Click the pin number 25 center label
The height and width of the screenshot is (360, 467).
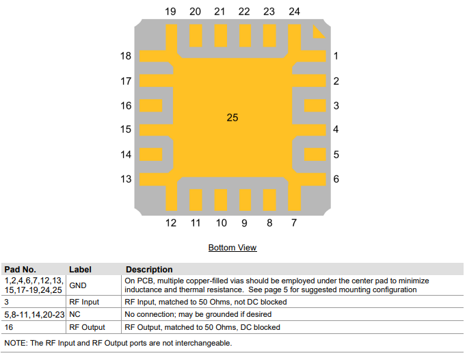(x=232, y=118)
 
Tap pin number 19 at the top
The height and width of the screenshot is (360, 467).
(x=170, y=12)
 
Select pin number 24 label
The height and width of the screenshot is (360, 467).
(x=294, y=12)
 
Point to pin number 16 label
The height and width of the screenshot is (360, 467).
(x=126, y=105)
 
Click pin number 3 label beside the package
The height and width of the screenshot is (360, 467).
(x=336, y=105)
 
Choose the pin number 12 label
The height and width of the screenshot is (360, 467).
(x=170, y=223)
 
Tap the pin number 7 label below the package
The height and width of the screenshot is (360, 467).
(x=294, y=223)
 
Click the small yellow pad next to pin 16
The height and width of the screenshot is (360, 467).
(x=150, y=105)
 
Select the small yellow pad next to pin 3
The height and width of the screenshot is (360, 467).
(x=315, y=105)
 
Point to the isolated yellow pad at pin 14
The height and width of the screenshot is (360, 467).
(x=150, y=154)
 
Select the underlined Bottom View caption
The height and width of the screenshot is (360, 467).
(x=232, y=248)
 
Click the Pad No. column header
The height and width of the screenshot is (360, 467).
(x=21, y=270)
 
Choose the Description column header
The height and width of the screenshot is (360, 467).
(x=149, y=270)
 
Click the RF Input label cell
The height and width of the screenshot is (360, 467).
(x=84, y=302)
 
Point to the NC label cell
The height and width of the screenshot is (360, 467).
(x=75, y=314)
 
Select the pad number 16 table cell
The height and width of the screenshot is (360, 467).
(x=9, y=327)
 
